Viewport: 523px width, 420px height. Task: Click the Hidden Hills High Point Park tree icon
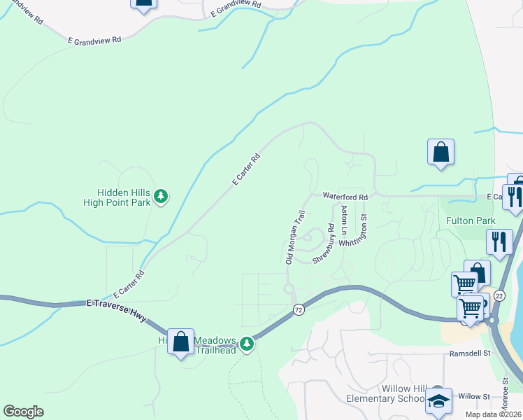click(x=162, y=196)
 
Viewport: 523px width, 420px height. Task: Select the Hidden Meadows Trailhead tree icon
click(x=246, y=344)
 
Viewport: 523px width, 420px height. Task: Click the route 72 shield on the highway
click(x=299, y=309)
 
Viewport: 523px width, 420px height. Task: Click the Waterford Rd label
click(x=345, y=197)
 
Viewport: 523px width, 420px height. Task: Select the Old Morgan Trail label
click(x=296, y=237)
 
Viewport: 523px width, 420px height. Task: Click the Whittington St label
click(x=354, y=232)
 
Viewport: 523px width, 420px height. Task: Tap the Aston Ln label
click(x=343, y=220)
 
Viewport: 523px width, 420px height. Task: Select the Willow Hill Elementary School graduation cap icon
click(x=438, y=400)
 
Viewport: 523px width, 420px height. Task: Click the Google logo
click(x=24, y=412)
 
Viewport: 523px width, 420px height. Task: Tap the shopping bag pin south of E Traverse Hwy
click(x=181, y=342)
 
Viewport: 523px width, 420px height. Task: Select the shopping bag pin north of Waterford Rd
click(x=441, y=152)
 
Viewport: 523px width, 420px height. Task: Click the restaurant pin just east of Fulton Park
click(x=499, y=241)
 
